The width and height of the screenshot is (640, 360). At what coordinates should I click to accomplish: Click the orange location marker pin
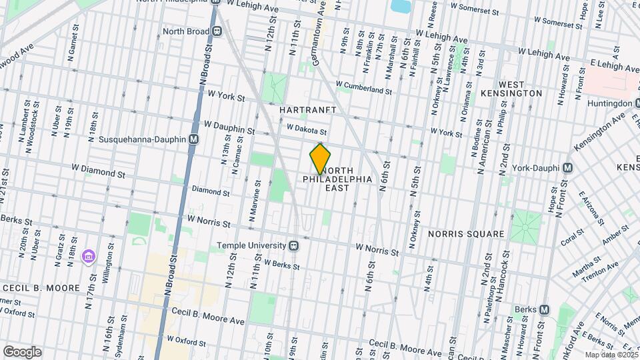click(321, 158)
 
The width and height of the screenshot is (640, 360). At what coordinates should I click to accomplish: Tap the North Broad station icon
click(217, 31)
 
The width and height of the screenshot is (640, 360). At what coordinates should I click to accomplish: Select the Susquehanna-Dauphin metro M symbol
click(193, 140)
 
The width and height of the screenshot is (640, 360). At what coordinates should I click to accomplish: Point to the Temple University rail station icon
click(293, 245)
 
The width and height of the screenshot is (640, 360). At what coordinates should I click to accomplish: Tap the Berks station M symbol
click(545, 309)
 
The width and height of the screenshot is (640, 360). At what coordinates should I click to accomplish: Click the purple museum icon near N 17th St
click(87, 256)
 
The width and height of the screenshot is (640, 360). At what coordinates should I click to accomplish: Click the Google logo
click(22, 351)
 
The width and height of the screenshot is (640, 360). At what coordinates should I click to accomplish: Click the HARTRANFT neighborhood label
click(307, 109)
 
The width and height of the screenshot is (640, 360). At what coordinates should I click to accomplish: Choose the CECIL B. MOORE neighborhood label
click(37, 287)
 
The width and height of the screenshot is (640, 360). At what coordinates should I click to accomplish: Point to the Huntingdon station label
click(609, 103)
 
